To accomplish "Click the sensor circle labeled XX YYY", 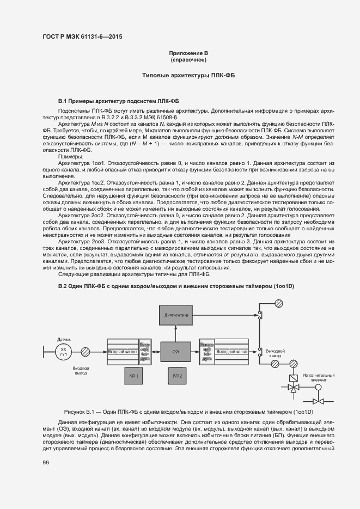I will [64, 352].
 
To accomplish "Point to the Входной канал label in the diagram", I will [122, 352].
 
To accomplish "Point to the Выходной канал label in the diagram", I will [232, 352].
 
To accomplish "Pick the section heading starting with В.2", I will [176, 286].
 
